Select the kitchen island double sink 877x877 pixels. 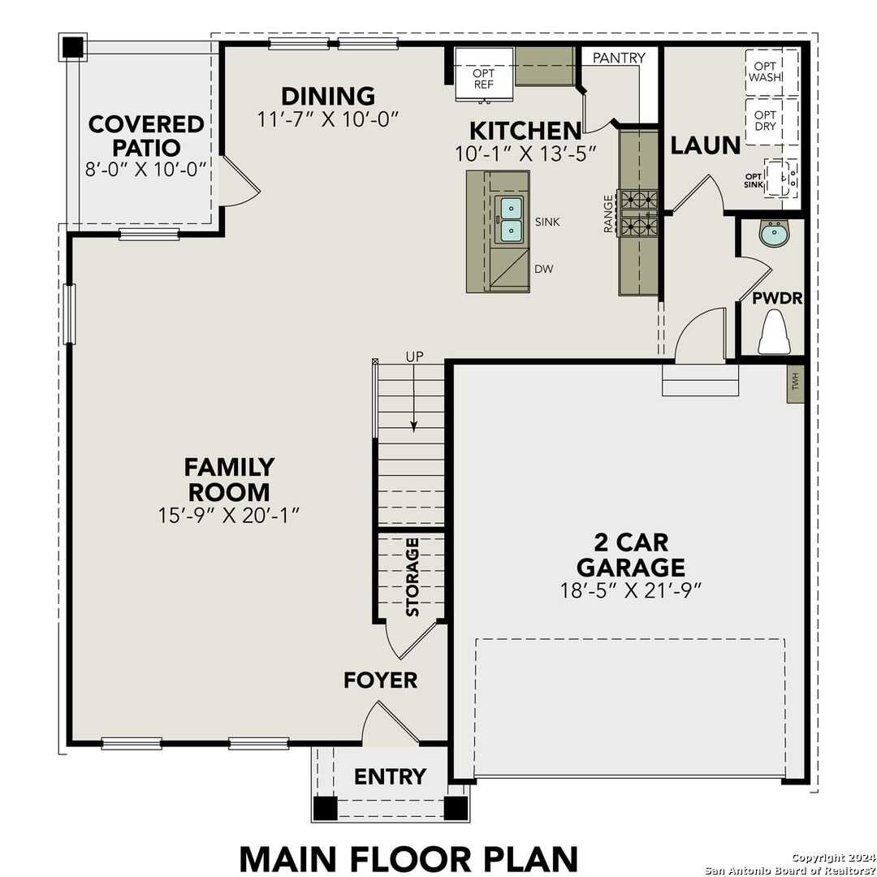511,219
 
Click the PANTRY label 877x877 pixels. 619,58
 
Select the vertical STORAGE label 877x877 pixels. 413,576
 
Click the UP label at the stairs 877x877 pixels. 414,356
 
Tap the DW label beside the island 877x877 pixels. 543,269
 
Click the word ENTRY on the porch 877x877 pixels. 390,777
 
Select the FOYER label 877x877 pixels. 380,680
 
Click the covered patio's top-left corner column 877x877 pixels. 73,47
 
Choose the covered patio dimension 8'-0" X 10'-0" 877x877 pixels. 146,170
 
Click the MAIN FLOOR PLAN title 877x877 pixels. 408,858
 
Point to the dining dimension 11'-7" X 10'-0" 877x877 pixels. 328,119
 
